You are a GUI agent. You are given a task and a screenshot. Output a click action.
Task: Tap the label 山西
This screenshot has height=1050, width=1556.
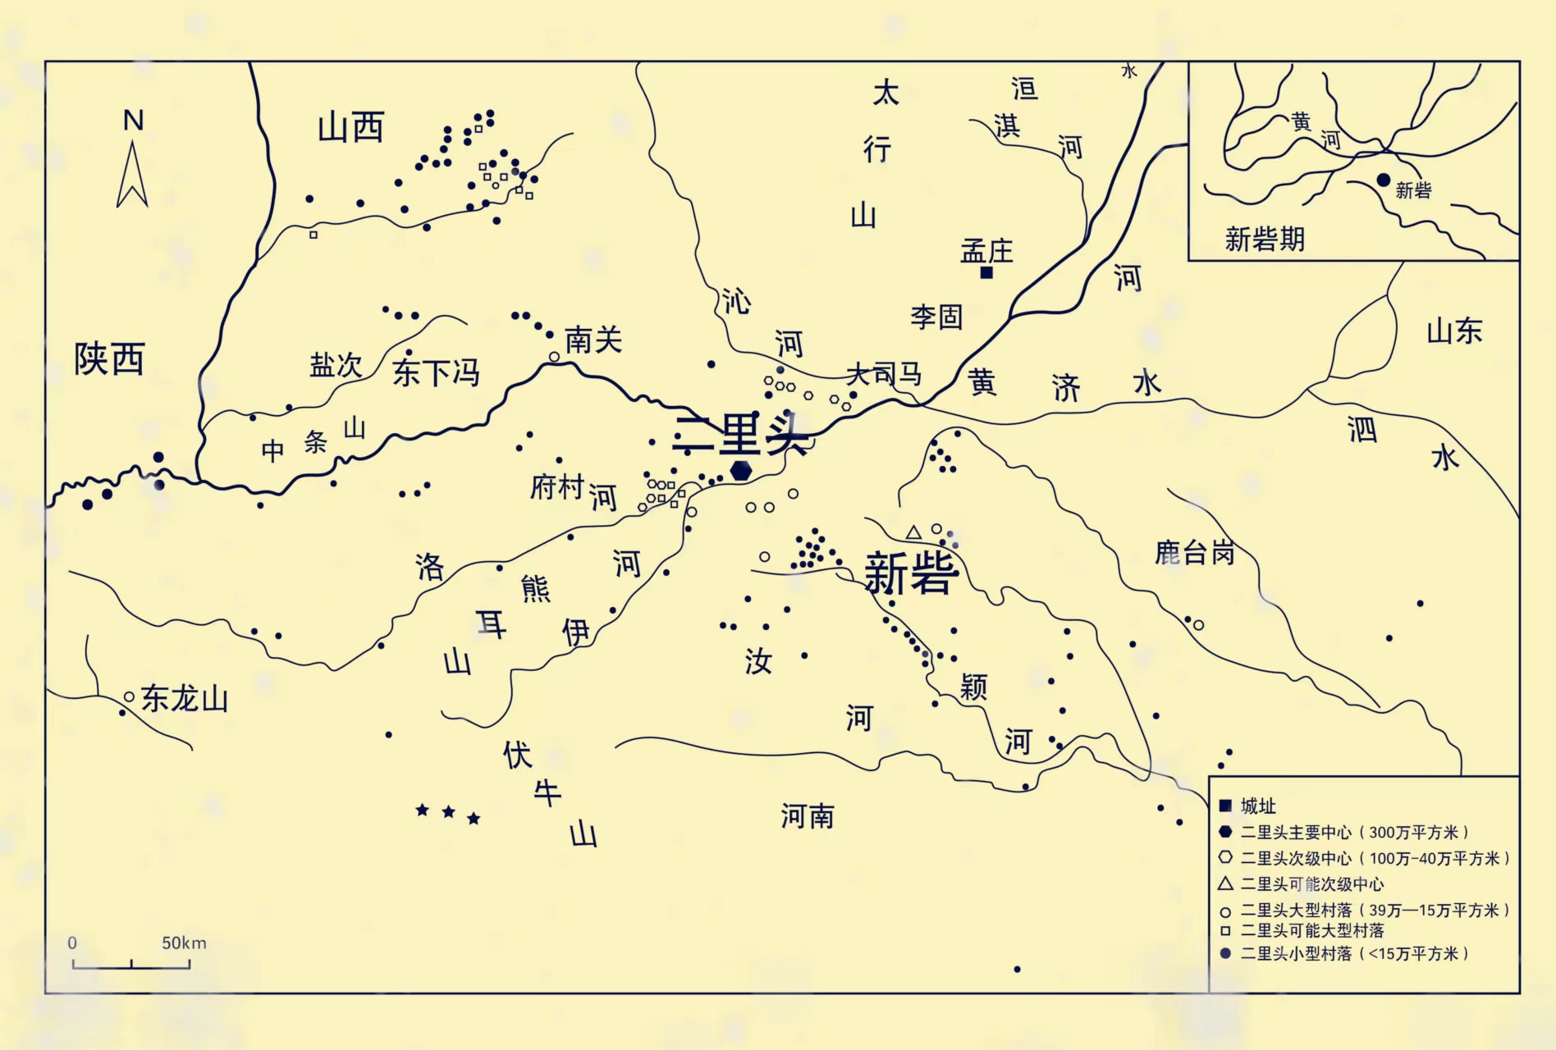pyautogui.click(x=350, y=129)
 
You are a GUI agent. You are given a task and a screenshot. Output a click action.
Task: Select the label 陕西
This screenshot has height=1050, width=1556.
pyautogui.click(x=109, y=359)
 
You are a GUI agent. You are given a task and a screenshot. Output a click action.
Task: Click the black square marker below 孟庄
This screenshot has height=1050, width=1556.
pyautogui.click(x=986, y=272)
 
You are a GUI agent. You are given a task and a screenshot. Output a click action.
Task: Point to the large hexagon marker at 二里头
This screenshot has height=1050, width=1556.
pyautogui.click(x=741, y=470)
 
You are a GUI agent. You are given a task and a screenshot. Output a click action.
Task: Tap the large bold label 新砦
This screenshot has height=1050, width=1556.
pyautogui.click(x=911, y=573)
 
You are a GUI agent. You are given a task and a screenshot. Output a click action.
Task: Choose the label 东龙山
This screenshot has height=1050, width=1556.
pyautogui.click(x=185, y=700)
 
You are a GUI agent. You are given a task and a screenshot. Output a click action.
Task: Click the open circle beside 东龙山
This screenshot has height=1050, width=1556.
pyautogui.click(x=129, y=697)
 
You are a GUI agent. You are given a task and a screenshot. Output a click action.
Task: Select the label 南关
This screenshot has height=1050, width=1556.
pyautogui.click(x=593, y=340)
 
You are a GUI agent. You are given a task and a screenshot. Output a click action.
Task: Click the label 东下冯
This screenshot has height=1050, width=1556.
pyautogui.click(x=436, y=372)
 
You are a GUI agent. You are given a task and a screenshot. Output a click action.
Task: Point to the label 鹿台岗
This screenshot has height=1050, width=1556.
pyautogui.click(x=1194, y=553)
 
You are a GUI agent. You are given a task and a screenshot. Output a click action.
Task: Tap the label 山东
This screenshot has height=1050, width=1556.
pyautogui.click(x=1454, y=331)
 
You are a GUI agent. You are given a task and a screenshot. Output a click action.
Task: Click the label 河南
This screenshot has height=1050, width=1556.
pyautogui.click(x=807, y=816)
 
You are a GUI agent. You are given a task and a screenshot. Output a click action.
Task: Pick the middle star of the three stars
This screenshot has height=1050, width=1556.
pyautogui.click(x=448, y=812)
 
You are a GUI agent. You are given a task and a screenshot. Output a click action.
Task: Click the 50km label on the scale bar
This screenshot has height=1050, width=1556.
pyautogui.click(x=184, y=943)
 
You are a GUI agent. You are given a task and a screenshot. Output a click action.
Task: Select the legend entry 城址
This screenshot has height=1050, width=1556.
pyautogui.click(x=1258, y=806)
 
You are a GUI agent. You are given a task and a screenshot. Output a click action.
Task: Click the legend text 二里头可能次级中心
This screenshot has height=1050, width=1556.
pyautogui.click(x=1311, y=884)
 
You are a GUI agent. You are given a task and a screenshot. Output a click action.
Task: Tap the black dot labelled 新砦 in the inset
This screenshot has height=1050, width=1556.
pyautogui.click(x=1384, y=180)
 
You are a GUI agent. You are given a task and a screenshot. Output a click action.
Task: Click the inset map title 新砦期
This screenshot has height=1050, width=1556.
pyautogui.click(x=1264, y=240)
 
